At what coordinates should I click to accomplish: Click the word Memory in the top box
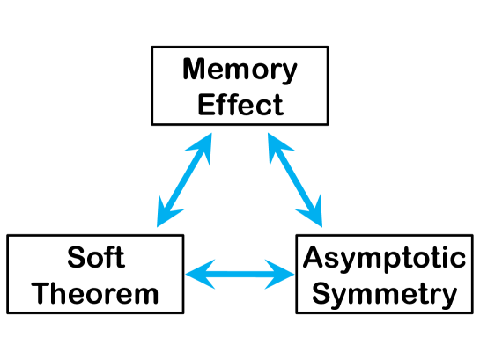click(x=240, y=70)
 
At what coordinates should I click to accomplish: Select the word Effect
click(x=240, y=104)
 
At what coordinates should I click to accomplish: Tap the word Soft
click(x=95, y=258)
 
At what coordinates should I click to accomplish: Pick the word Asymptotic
click(x=383, y=258)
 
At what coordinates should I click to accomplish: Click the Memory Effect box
click(x=240, y=86)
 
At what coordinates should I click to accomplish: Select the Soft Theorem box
click(x=95, y=274)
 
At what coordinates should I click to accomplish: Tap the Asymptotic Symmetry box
click(x=383, y=274)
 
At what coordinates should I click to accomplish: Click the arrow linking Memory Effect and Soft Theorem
click(x=184, y=180)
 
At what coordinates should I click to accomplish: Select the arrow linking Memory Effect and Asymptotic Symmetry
click(x=296, y=180)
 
